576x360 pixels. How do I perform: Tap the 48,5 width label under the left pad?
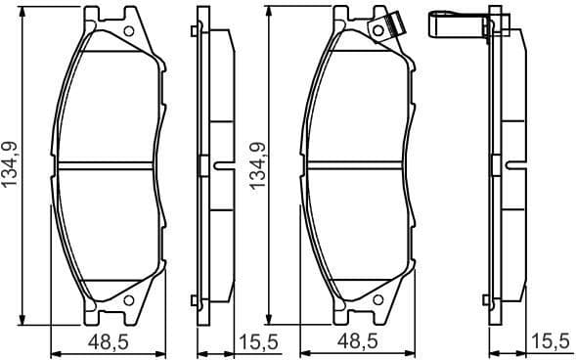(x=109, y=342)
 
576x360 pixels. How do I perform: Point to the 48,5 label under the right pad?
(x=359, y=342)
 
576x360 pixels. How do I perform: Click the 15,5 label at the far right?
(x=550, y=342)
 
